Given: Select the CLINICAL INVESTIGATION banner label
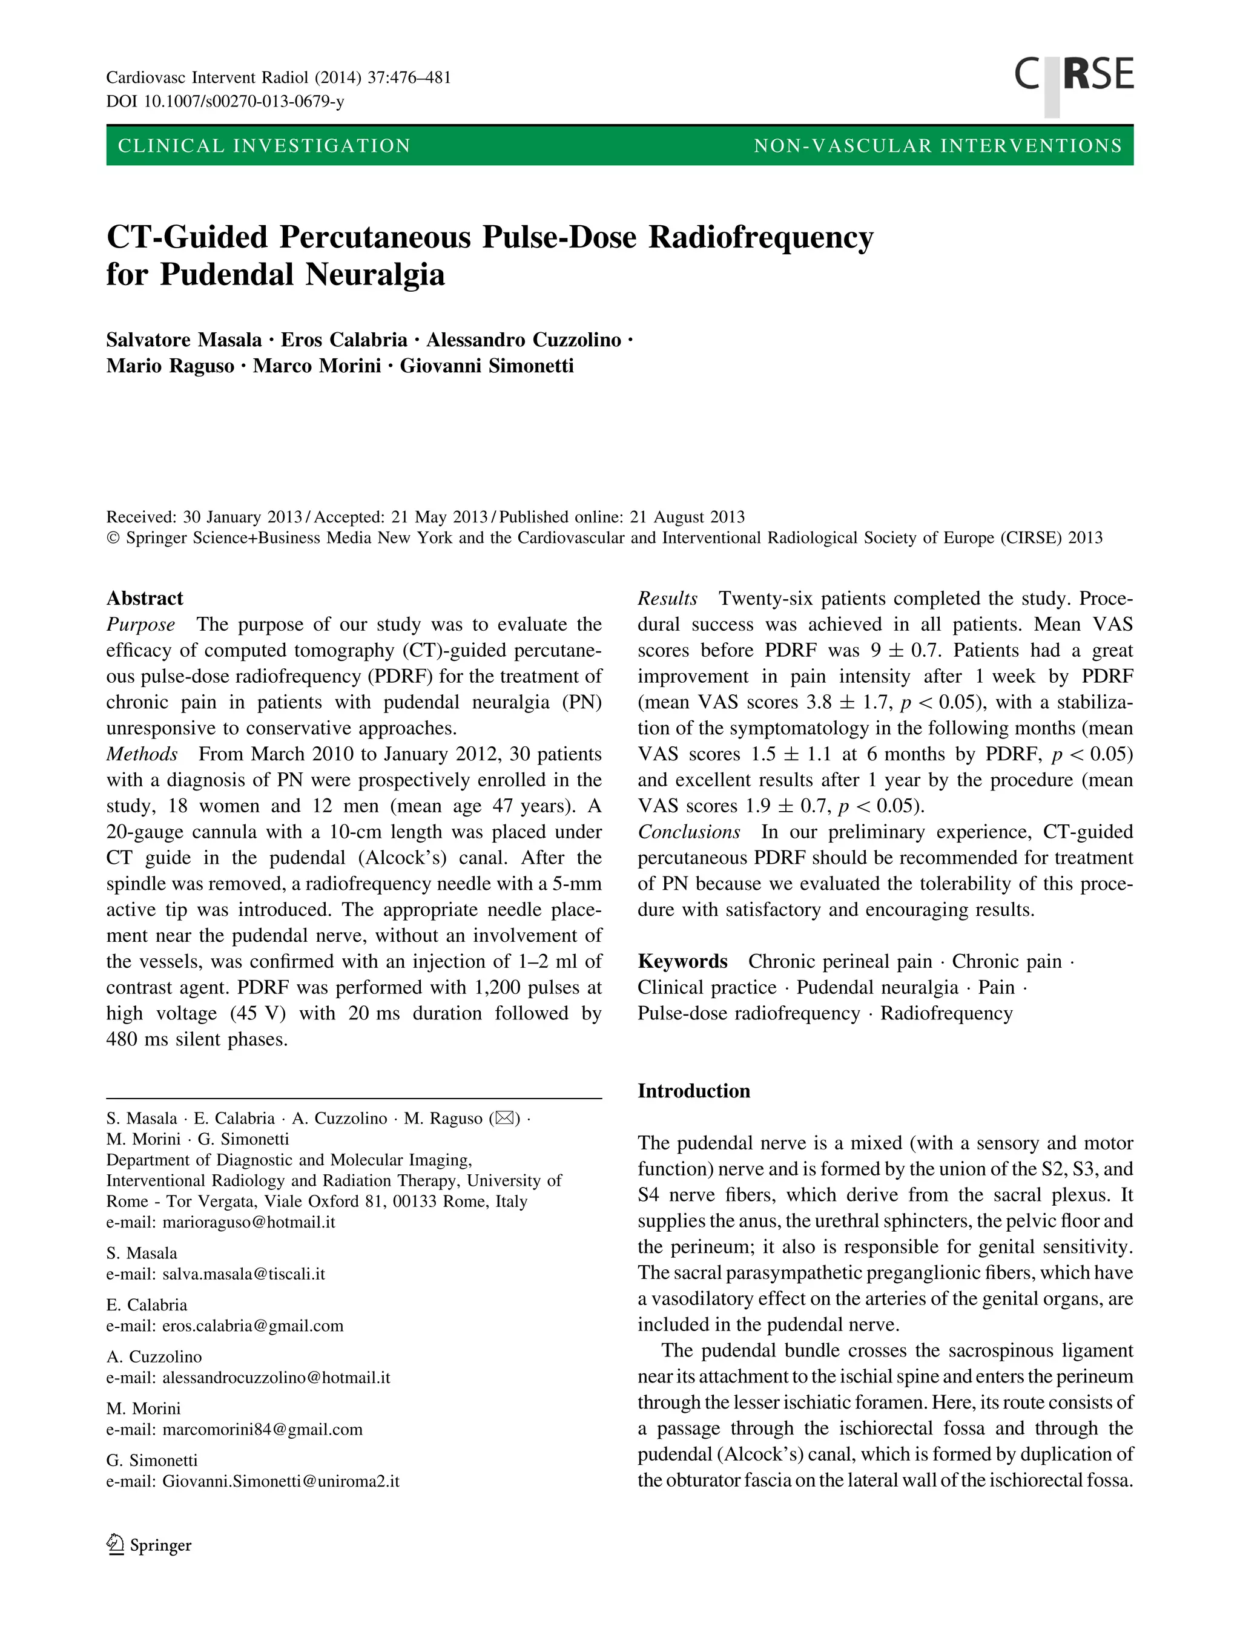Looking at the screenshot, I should [265, 146].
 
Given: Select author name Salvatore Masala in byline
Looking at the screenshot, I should [184, 340].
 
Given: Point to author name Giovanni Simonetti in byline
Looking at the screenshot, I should [486, 366].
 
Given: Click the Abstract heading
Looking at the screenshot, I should [145, 598].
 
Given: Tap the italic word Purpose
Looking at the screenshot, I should [140, 624].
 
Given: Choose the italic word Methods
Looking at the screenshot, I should [142, 754].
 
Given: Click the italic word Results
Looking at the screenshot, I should [667, 598].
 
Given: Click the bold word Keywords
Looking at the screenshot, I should [682, 961].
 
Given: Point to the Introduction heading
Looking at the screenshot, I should [693, 1091].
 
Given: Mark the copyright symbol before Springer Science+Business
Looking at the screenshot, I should [113, 537].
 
